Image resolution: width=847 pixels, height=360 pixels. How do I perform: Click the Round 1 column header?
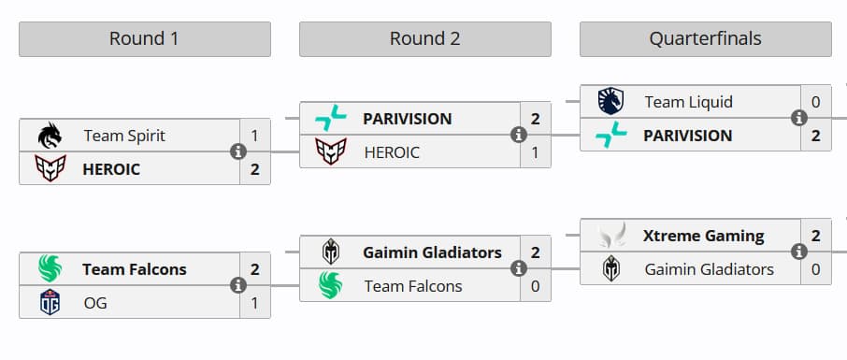pos(144,39)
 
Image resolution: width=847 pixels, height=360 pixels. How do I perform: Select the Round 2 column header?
pos(424,39)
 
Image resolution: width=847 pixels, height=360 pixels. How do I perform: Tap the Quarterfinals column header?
pos(705,39)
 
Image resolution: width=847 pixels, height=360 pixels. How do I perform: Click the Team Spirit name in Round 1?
pos(124,136)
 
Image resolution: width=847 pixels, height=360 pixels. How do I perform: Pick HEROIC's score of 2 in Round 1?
pos(254,170)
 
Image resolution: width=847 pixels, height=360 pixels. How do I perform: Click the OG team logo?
pos(49,303)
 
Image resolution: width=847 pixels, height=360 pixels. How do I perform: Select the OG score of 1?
pos(254,303)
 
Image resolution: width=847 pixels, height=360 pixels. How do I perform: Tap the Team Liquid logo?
pos(610,101)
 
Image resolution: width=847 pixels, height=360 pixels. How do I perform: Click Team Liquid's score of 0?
pos(815,101)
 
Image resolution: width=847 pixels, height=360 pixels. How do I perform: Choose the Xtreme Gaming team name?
pos(703,236)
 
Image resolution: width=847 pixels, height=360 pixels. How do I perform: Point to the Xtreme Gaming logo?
pos(610,236)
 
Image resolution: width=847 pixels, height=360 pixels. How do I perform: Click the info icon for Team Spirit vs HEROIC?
pos(238,151)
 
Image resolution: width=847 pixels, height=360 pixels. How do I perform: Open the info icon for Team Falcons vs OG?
pos(238,285)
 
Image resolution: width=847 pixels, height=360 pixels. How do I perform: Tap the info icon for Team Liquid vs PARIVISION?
pos(799,118)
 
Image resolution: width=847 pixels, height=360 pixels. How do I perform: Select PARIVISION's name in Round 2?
pos(407,119)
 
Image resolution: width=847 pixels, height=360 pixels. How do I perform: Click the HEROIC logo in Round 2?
pos(330,151)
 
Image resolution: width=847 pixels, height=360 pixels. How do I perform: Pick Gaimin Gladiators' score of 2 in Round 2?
pos(535,252)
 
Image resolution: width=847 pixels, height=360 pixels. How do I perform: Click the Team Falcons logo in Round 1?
pos(49,269)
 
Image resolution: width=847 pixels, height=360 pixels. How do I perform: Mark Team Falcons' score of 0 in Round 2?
pos(535,286)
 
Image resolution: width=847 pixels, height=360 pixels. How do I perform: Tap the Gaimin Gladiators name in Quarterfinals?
pos(709,269)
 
